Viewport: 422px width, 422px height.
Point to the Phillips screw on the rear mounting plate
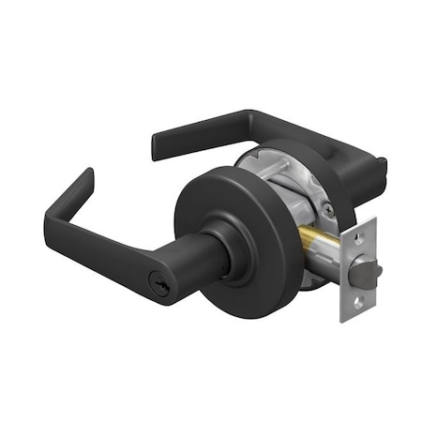[x=325, y=212]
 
